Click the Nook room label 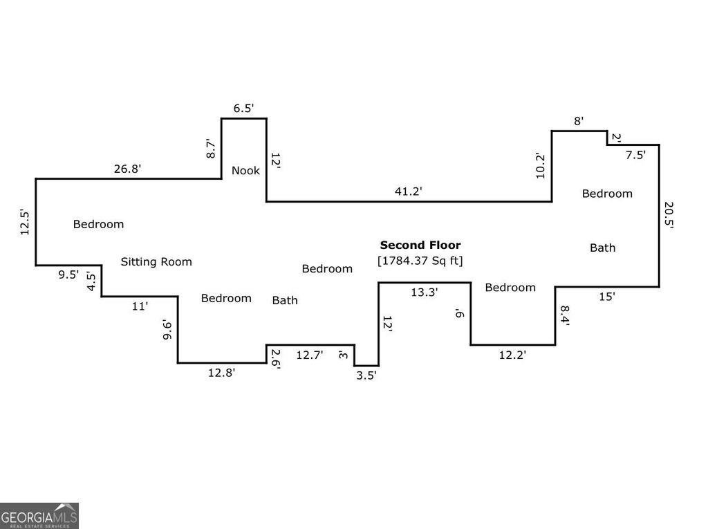pos(245,170)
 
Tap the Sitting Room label pos(156,261)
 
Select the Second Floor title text pos(420,245)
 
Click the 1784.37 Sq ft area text pos(420,261)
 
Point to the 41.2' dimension pos(408,191)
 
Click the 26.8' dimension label pos(127,169)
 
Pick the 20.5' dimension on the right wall pos(669,215)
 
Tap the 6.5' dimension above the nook pos(243,108)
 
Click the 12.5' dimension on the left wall pos(25,222)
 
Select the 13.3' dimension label pos(424,293)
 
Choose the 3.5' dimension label pos(366,375)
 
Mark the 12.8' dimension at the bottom pos(221,373)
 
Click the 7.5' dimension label pos(635,155)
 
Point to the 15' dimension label pos(607,297)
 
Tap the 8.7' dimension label pos(211,148)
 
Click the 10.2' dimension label pos(541,166)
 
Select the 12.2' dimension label pos(512,355)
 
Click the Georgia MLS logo pos(39,515)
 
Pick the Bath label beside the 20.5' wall pos(603,248)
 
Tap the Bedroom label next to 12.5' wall pos(98,224)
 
